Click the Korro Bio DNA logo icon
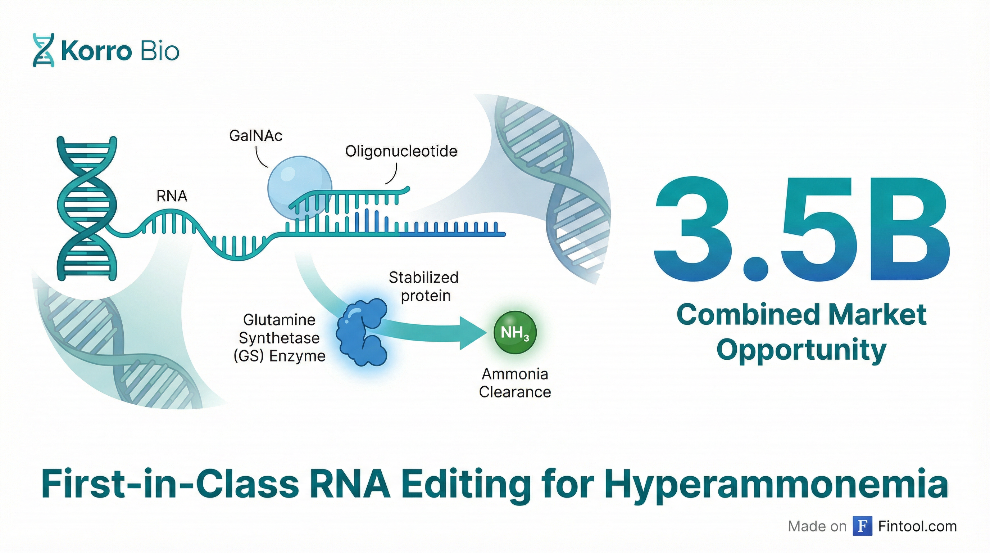(x=44, y=50)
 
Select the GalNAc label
(x=255, y=135)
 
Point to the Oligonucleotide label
(x=401, y=151)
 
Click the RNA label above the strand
(x=172, y=197)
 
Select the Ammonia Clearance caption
(x=515, y=383)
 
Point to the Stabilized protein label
(x=424, y=287)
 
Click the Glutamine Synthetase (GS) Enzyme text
(x=280, y=338)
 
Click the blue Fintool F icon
(x=862, y=526)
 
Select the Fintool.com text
(x=917, y=526)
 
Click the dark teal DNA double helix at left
(x=87, y=208)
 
